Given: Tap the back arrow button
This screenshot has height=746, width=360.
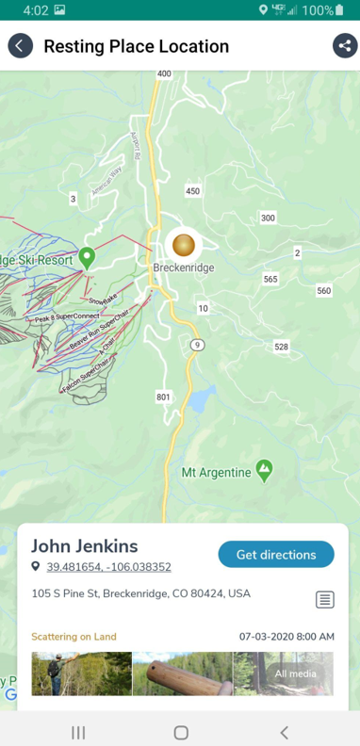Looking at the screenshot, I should point(20,46).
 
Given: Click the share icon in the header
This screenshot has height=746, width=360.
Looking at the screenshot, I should point(344,46).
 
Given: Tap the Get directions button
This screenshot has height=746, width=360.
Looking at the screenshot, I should point(275,555).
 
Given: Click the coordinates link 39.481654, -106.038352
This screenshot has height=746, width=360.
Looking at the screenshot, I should point(108,567).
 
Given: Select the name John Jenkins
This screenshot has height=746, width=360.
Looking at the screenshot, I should point(85,546).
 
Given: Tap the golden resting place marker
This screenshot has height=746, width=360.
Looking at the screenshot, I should point(184,245).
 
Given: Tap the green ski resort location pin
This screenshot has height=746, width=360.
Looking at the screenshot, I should point(87,256).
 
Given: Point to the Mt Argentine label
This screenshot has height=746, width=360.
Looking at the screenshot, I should point(216,471).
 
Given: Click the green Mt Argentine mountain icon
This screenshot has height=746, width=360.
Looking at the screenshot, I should point(265,468).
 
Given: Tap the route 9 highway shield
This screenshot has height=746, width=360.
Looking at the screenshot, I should point(196,346).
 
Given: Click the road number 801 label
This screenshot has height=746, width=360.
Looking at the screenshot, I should point(164,397).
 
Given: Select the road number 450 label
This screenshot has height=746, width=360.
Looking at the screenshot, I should point(192,191).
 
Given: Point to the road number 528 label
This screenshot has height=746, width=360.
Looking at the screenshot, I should point(281,347).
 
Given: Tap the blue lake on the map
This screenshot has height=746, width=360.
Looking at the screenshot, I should point(200,399).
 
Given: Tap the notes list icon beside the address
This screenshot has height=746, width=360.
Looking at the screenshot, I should point(324,599).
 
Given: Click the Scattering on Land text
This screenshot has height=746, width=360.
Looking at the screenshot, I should point(74,637).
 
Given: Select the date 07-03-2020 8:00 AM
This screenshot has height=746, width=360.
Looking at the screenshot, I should point(286,637).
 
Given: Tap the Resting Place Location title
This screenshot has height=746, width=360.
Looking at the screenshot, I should point(136,46).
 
